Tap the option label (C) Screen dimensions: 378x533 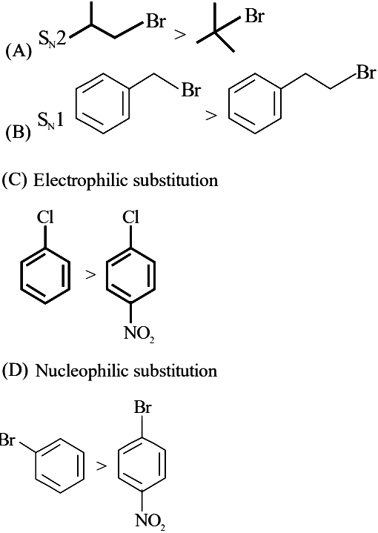point(14,180)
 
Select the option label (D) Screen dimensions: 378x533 point(16,370)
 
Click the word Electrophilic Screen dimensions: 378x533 point(81,180)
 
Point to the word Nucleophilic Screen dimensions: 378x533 point(82,371)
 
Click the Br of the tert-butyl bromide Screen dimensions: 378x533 point(254,16)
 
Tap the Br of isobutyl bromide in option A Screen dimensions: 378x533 point(156,21)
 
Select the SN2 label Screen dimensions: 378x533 point(52,39)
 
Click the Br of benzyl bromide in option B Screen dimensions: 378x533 point(191,90)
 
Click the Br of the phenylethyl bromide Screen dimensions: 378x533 point(365,72)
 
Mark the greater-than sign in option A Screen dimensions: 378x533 point(180,35)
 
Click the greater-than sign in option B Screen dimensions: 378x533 point(211,116)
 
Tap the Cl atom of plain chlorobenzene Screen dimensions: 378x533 point(45,216)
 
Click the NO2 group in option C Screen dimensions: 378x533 point(139,334)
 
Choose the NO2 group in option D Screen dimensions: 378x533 point(150,521)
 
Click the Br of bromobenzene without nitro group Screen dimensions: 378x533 point(7,440)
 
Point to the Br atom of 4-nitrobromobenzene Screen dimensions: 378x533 point(142,407)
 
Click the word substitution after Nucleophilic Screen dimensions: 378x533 point(175,370)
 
